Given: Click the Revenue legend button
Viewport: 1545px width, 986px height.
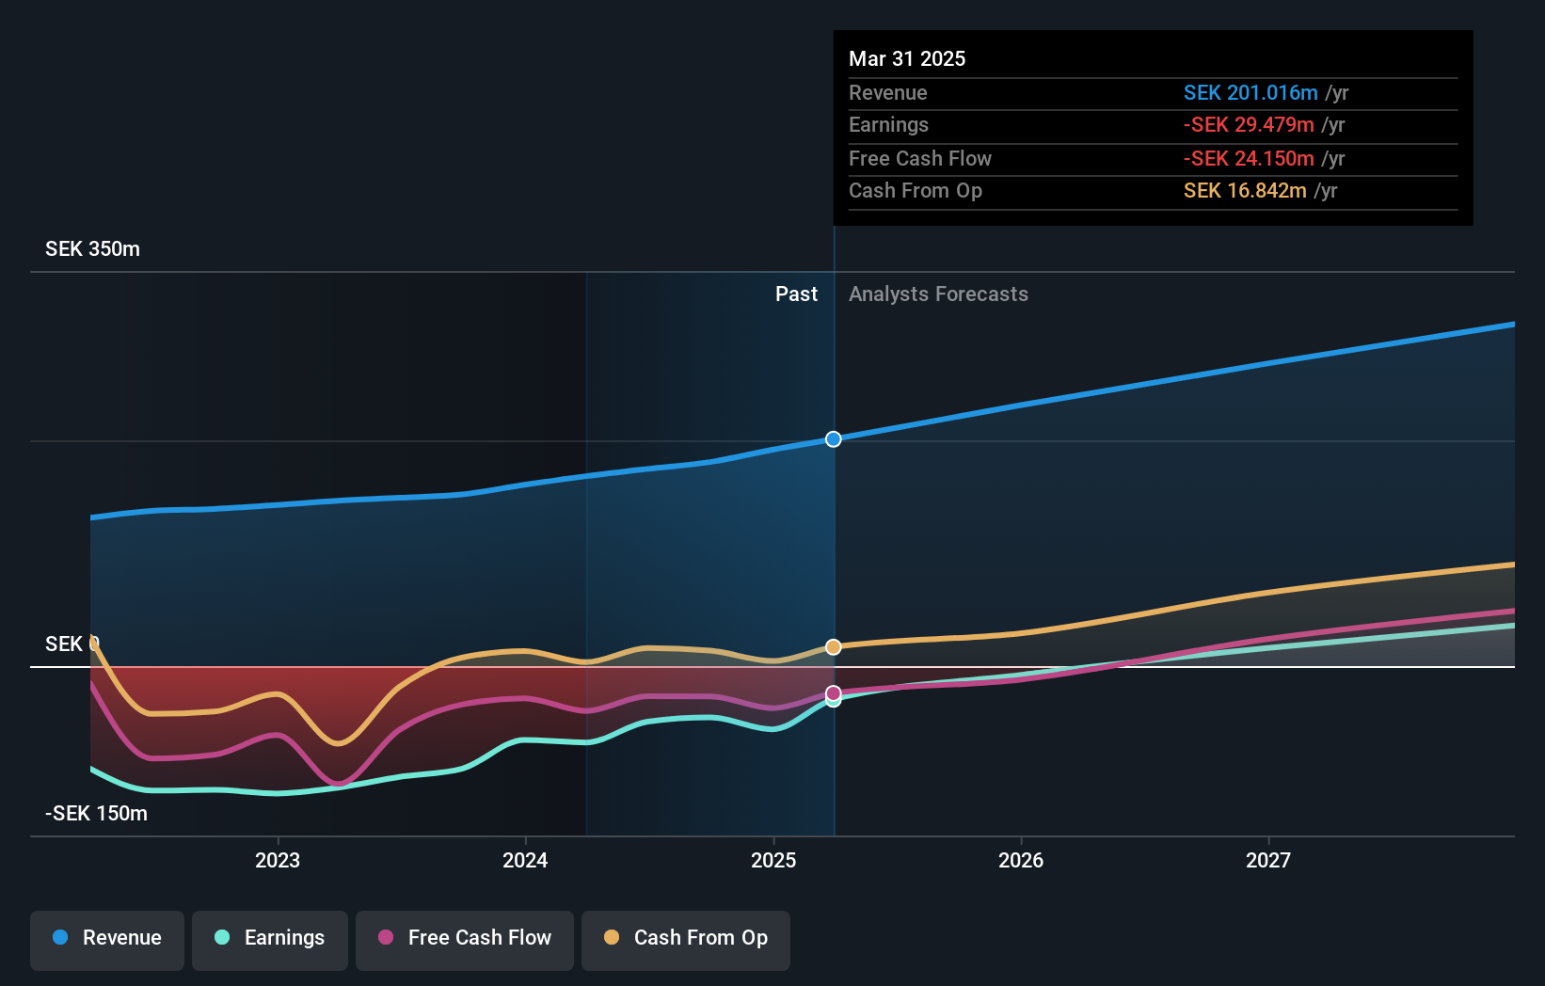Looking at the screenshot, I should pyautogui.click(x=107, y=938).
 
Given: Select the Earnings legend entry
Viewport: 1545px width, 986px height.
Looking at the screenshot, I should pyautogui.click(x=270, y=938).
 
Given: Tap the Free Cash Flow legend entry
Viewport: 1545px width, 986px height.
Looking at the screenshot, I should pyautogui.click(x=465, y=938).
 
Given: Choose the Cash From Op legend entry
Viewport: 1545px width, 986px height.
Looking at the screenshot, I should pyautogui.click(x=686, y=938).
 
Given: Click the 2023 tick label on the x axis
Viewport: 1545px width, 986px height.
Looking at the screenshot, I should pyautogui.click(x=278, y=860).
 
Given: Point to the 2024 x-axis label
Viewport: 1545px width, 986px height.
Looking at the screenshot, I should pyautogui.click(x=525, y=860).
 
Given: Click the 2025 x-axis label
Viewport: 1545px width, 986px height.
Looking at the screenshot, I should pyautogui.click(x=773, y=860).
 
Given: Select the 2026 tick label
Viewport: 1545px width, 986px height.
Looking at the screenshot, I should pyautogui.click(x=1021, y=860).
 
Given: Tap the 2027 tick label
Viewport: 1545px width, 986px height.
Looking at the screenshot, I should pyautogui.click(x=1268, y=860).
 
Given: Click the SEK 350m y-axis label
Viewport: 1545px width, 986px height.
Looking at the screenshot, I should pyautogui.click(x=92, y=249).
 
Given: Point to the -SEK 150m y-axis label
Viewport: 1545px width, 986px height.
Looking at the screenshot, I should pyautogui.click(x=96, y=814).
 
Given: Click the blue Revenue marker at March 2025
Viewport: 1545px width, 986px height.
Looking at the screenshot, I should pyautogui.click(x=834, y=439).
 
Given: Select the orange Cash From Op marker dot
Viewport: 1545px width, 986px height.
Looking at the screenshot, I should pyautogui.click(x=834, y=647).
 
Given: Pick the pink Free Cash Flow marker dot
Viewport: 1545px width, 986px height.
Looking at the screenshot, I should pyautogui.click(x=834, y=693).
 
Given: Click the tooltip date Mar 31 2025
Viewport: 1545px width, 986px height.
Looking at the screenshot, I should pyautogui.click(x=907, y=58).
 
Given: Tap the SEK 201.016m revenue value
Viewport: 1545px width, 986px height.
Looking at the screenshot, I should pyautogui.click(x=1250, y=93).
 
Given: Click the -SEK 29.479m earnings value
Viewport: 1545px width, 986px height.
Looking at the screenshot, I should pyautogui.click(x=1248, y=125).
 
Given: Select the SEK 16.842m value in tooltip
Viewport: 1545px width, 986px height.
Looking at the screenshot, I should pyautogui.click(x=1244, y=191).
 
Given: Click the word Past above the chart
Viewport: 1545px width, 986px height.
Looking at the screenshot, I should pyautogui.click(x=796, y=294).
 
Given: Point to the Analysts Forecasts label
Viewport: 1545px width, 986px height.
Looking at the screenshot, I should pyautogui.click(x=938, y=294).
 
